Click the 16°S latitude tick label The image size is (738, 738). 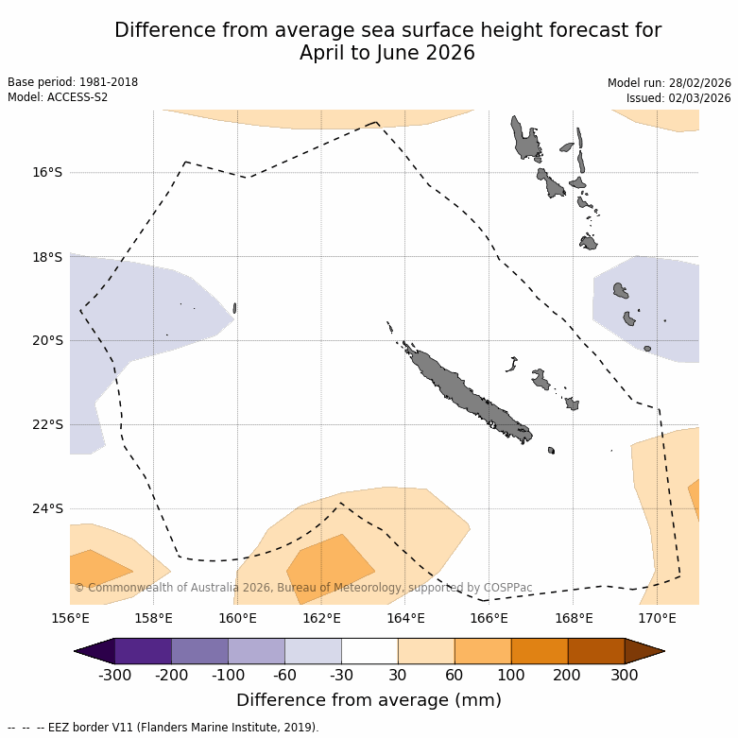point(46,173)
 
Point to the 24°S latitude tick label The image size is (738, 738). point(46,509)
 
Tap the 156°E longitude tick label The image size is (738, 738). point(70,619)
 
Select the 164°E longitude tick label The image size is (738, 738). point(405,619)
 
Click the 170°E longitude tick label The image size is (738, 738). point(657,619)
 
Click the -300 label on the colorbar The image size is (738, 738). point(114,675)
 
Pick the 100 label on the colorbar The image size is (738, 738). point(511,675)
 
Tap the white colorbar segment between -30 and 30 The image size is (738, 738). point(369,651)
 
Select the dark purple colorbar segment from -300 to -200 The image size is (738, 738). point(143,651)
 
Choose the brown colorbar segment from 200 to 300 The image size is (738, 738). point(596,651)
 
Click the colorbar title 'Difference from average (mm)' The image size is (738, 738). point(369,700)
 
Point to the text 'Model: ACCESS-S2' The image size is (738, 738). point(58,97)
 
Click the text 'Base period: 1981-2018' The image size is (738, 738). point(73,82)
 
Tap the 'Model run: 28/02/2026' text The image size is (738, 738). point(669,83)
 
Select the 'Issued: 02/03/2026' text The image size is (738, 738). point(678,98)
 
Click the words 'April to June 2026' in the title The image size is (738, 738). point(387,53)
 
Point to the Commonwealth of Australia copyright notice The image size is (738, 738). point(302,588)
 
